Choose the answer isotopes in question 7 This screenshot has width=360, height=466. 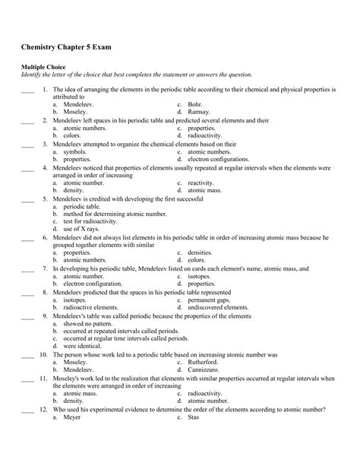198,276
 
